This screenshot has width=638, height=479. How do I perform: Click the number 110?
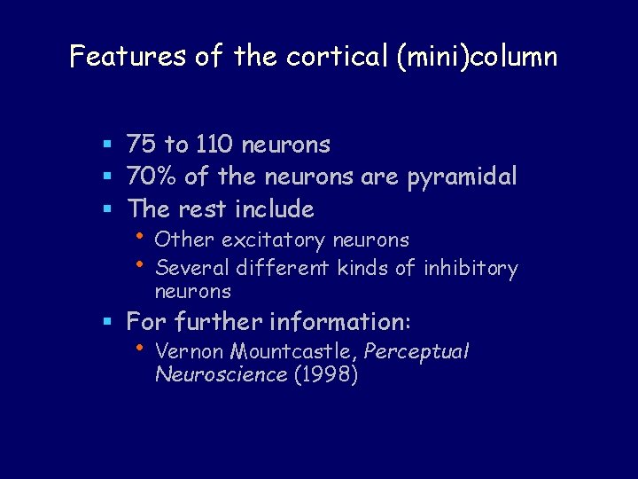point(213,144)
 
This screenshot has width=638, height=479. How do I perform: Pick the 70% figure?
point(152,177)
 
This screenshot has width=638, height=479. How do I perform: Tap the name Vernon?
point(183,351)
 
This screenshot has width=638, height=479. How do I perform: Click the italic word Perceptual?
point(416,352)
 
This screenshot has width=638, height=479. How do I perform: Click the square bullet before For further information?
point(107,321)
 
